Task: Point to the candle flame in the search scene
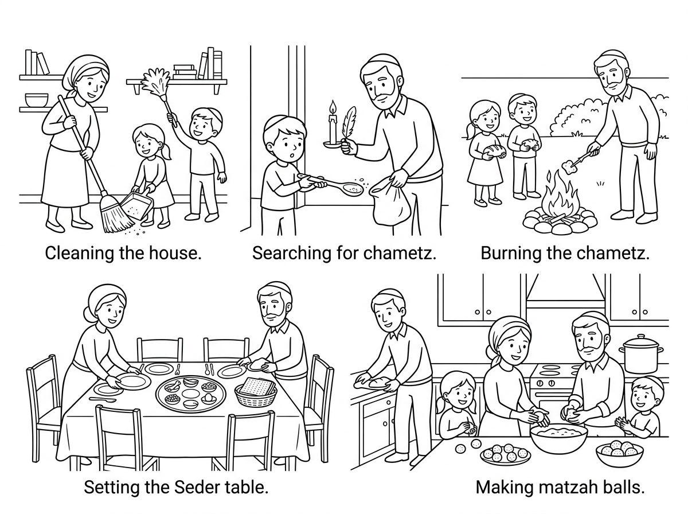[331, 107]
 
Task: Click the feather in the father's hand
[348, 124]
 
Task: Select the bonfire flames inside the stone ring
[561, 198]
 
